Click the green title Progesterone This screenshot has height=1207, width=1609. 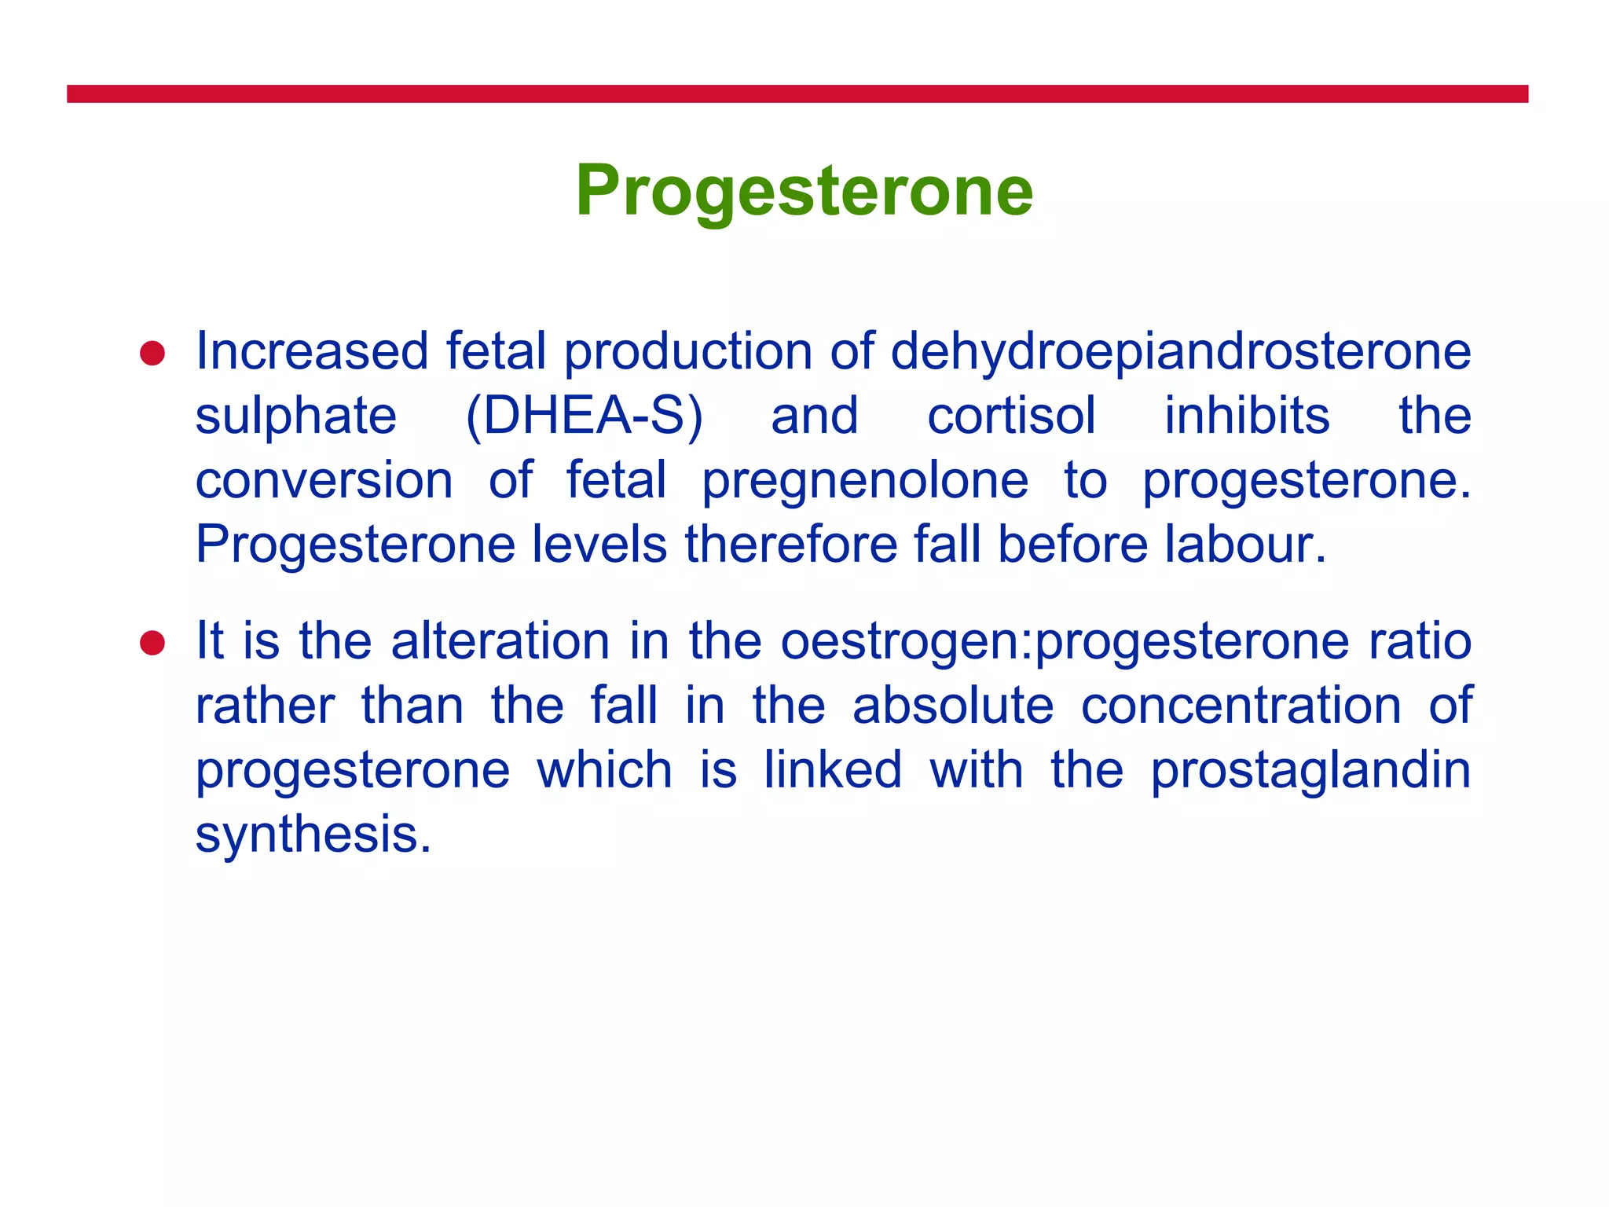(x=804, y=191)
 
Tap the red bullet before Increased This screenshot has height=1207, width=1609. (x=152, y=354)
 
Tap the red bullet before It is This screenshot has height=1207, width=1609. (x=152, y=644)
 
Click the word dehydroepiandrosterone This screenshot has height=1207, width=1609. (x=1180, y=351)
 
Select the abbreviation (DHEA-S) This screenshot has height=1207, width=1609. (x=584, y=416)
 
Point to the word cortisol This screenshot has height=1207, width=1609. (x=1011, y=416)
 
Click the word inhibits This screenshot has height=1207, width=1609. (x=1247, y=416)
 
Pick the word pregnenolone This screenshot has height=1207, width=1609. (x=865, y=481)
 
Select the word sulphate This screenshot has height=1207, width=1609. (x=296, y=416)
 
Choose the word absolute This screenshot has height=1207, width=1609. (x=953, y=706)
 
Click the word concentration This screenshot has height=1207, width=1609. (x=1241, y=706)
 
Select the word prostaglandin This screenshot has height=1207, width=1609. (x=1310, y=771)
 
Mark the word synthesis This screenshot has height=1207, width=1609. (x=313, y=835)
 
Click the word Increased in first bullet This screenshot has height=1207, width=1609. (x=312, y=351)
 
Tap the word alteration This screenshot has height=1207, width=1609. (x=500, y=641)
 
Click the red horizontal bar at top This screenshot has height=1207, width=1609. (x=797, y=94)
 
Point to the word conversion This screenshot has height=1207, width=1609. (x=324, y=481)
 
